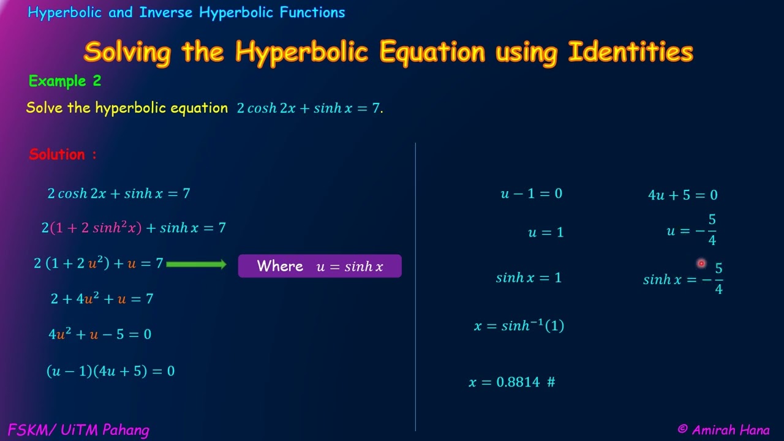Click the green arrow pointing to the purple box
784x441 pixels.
click(196, 264)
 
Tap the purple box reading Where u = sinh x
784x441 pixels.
click(320, 266)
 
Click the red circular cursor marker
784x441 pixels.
click(701, 263)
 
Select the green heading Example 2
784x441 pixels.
click(65, 81)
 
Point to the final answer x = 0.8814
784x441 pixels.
click(511, 382)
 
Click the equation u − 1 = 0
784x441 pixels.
click(531, 194)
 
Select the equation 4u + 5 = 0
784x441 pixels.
click(682, 195)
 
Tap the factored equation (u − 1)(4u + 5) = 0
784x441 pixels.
click(110, 371)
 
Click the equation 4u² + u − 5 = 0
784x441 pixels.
click(100, 334)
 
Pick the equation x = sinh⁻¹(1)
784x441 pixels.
click(519, 326)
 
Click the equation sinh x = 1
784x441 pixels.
click(529, 278)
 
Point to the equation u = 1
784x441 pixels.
click(545, 233)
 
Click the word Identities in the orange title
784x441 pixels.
click(630, 52)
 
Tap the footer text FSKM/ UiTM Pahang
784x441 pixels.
click(78, 430)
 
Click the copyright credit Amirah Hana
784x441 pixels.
click(723, 430)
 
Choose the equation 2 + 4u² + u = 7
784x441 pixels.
click(102, 299)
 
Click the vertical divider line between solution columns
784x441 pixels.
click(416, 288)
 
